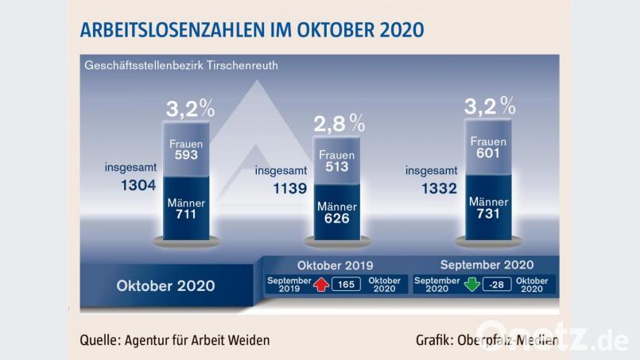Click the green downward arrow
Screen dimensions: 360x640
pos(472,284)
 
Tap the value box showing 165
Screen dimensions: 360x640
pos(347,284)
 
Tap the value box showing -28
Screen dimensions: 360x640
pos(497,284)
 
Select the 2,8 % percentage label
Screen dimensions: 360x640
pos(338,122)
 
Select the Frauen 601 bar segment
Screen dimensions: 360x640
pos(488,148)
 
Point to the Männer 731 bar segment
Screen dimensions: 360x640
pos(488,208)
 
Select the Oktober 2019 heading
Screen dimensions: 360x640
pos(335,265)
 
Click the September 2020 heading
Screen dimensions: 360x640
pos(487,265)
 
